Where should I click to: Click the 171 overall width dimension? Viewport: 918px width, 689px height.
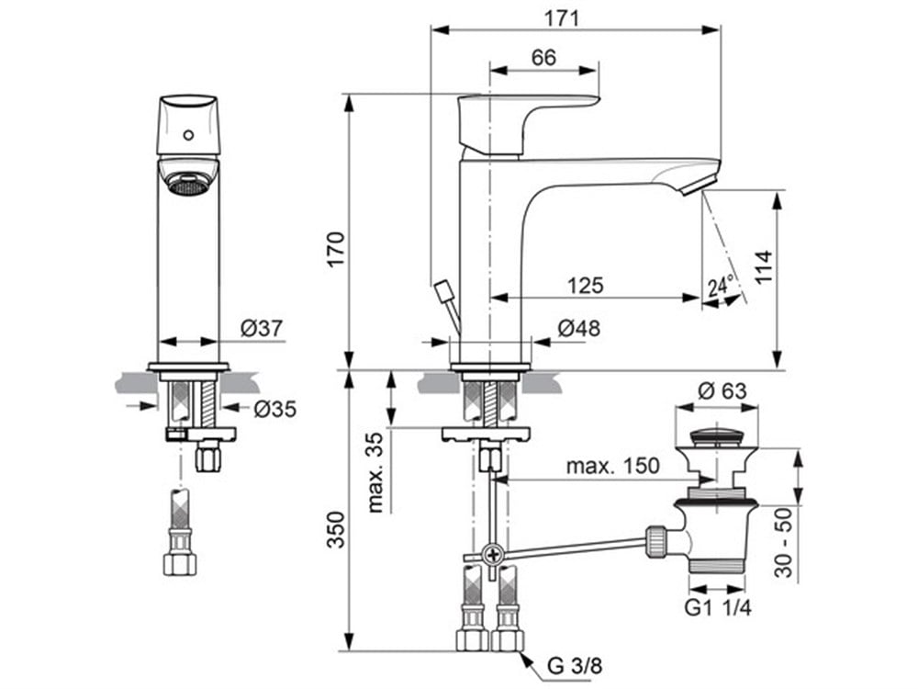click(x=562, y=17)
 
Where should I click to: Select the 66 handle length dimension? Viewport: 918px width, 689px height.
click(x=543, y=57)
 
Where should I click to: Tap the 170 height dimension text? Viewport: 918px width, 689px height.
click(x=336, y=250)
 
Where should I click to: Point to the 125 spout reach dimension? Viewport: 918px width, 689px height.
click(x=585, y=286)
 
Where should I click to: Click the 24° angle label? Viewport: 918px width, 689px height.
click(x=720, y=286)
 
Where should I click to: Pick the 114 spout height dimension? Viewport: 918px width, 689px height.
click(x=763, y=267)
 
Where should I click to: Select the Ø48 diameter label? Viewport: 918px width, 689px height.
click(x=579, y=328)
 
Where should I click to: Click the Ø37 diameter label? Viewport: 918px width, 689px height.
click(x=262, y=328)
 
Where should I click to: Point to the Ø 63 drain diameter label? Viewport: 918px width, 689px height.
click(x=722, y=390)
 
